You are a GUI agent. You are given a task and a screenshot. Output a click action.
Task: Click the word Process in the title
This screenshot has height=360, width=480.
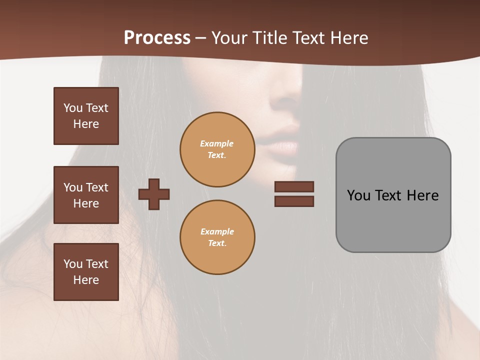pyautogui.click(x=157, y=38)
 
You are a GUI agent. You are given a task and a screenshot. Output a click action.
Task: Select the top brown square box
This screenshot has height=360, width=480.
pyautogui.click(x=86, y=116)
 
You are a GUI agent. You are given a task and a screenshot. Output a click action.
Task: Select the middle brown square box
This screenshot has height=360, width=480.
pyautogui.click(x=86, y=195)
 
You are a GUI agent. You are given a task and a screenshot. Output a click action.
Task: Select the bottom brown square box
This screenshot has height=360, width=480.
pyautogui.click(x=86, y=272)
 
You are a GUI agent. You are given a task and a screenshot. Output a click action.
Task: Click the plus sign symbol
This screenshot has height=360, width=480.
pyautogui.click(x=154, y=194)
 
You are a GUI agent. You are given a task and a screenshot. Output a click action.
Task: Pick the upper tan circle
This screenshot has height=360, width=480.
pyautogui.click(x=217, y=149)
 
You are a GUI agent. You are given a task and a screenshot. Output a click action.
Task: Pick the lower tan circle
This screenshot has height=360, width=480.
pyautogui.click(x=217, y=237)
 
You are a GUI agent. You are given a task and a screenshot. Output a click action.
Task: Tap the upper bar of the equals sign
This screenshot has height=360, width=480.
pyautogui.click(x=294, y=187)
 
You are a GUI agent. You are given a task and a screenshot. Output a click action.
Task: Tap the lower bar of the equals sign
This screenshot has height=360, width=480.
pyautogui.click(x=294, y=201)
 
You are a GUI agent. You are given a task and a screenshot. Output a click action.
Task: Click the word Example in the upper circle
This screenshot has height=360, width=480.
pyautogui.click(x=217, y=143)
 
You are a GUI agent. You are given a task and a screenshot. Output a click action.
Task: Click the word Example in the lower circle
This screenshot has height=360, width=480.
pyautogui.click(x=217, y=231)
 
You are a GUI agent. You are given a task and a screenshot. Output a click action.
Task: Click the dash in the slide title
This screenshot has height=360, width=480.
pyautogui.click(x=201, y=38)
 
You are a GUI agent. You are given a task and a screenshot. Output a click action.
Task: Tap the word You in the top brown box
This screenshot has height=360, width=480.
pyautogui.click(x=72, y=108)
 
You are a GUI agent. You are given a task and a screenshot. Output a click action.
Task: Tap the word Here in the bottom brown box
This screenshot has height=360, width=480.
pyautogui.click(x=86, y=280)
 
